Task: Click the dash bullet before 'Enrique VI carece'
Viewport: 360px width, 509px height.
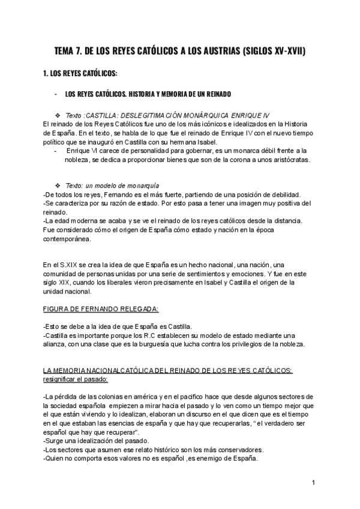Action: point(55,150)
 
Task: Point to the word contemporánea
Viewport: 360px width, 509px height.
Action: point(68,239)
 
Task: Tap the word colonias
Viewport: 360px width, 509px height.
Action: point(97,397)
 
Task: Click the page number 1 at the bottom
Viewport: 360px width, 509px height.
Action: point(314,483)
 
